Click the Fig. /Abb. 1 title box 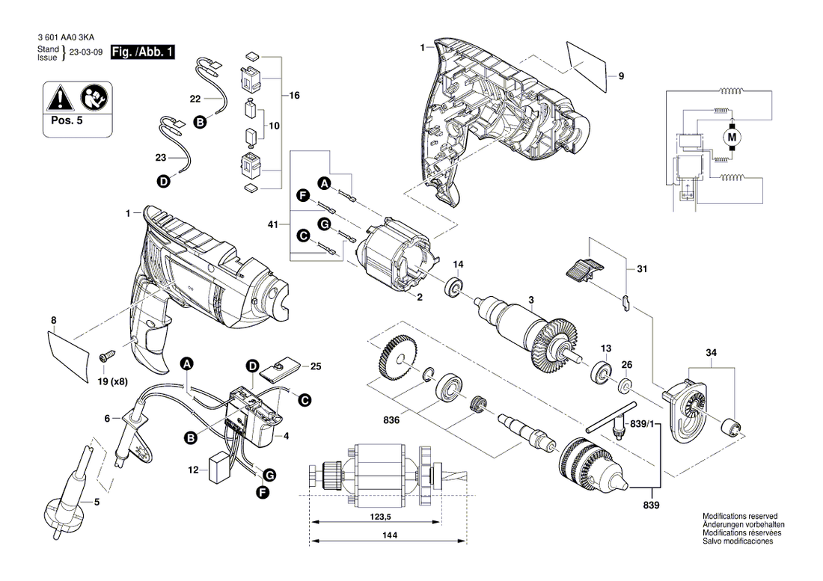click(x=142, y=52)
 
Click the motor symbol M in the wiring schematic click(x=732, y=138)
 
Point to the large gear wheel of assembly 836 click(x=397, y=359)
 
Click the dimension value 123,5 click(x=381, y=517)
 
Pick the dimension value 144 click(x=390, y=535)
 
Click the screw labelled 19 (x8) click(x=107, y=356)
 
